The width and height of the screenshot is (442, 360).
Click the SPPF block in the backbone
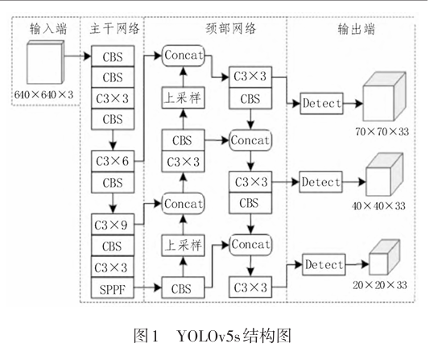pos(113,288)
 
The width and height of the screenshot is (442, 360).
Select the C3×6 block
pos(113,161)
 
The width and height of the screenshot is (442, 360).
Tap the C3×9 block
pos(113,225)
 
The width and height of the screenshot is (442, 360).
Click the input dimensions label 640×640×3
pos(43,95)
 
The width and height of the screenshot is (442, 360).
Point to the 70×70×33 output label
pos(382,131)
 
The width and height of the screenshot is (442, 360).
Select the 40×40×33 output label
pos(378,206)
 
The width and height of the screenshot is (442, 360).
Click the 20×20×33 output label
pos(380,285)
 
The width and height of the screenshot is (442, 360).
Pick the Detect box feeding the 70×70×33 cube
pos(321,103)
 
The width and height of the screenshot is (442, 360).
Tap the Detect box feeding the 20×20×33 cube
pos(324,264)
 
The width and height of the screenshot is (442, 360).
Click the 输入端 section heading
pos(48,29)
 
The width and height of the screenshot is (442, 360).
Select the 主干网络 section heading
pos(114,29)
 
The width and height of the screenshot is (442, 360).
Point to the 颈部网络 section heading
pos(231,29)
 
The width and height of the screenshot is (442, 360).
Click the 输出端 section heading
pos(357,29)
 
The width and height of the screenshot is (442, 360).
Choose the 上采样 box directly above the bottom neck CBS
pos(184,246)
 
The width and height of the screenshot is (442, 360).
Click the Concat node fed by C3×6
pos(184,56)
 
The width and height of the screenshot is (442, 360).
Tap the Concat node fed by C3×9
pos(184,204)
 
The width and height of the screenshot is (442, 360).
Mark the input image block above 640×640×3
pos(45,62)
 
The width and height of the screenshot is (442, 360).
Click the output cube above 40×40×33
pos(385,175)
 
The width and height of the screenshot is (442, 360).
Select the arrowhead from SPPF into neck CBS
pos(158,288)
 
